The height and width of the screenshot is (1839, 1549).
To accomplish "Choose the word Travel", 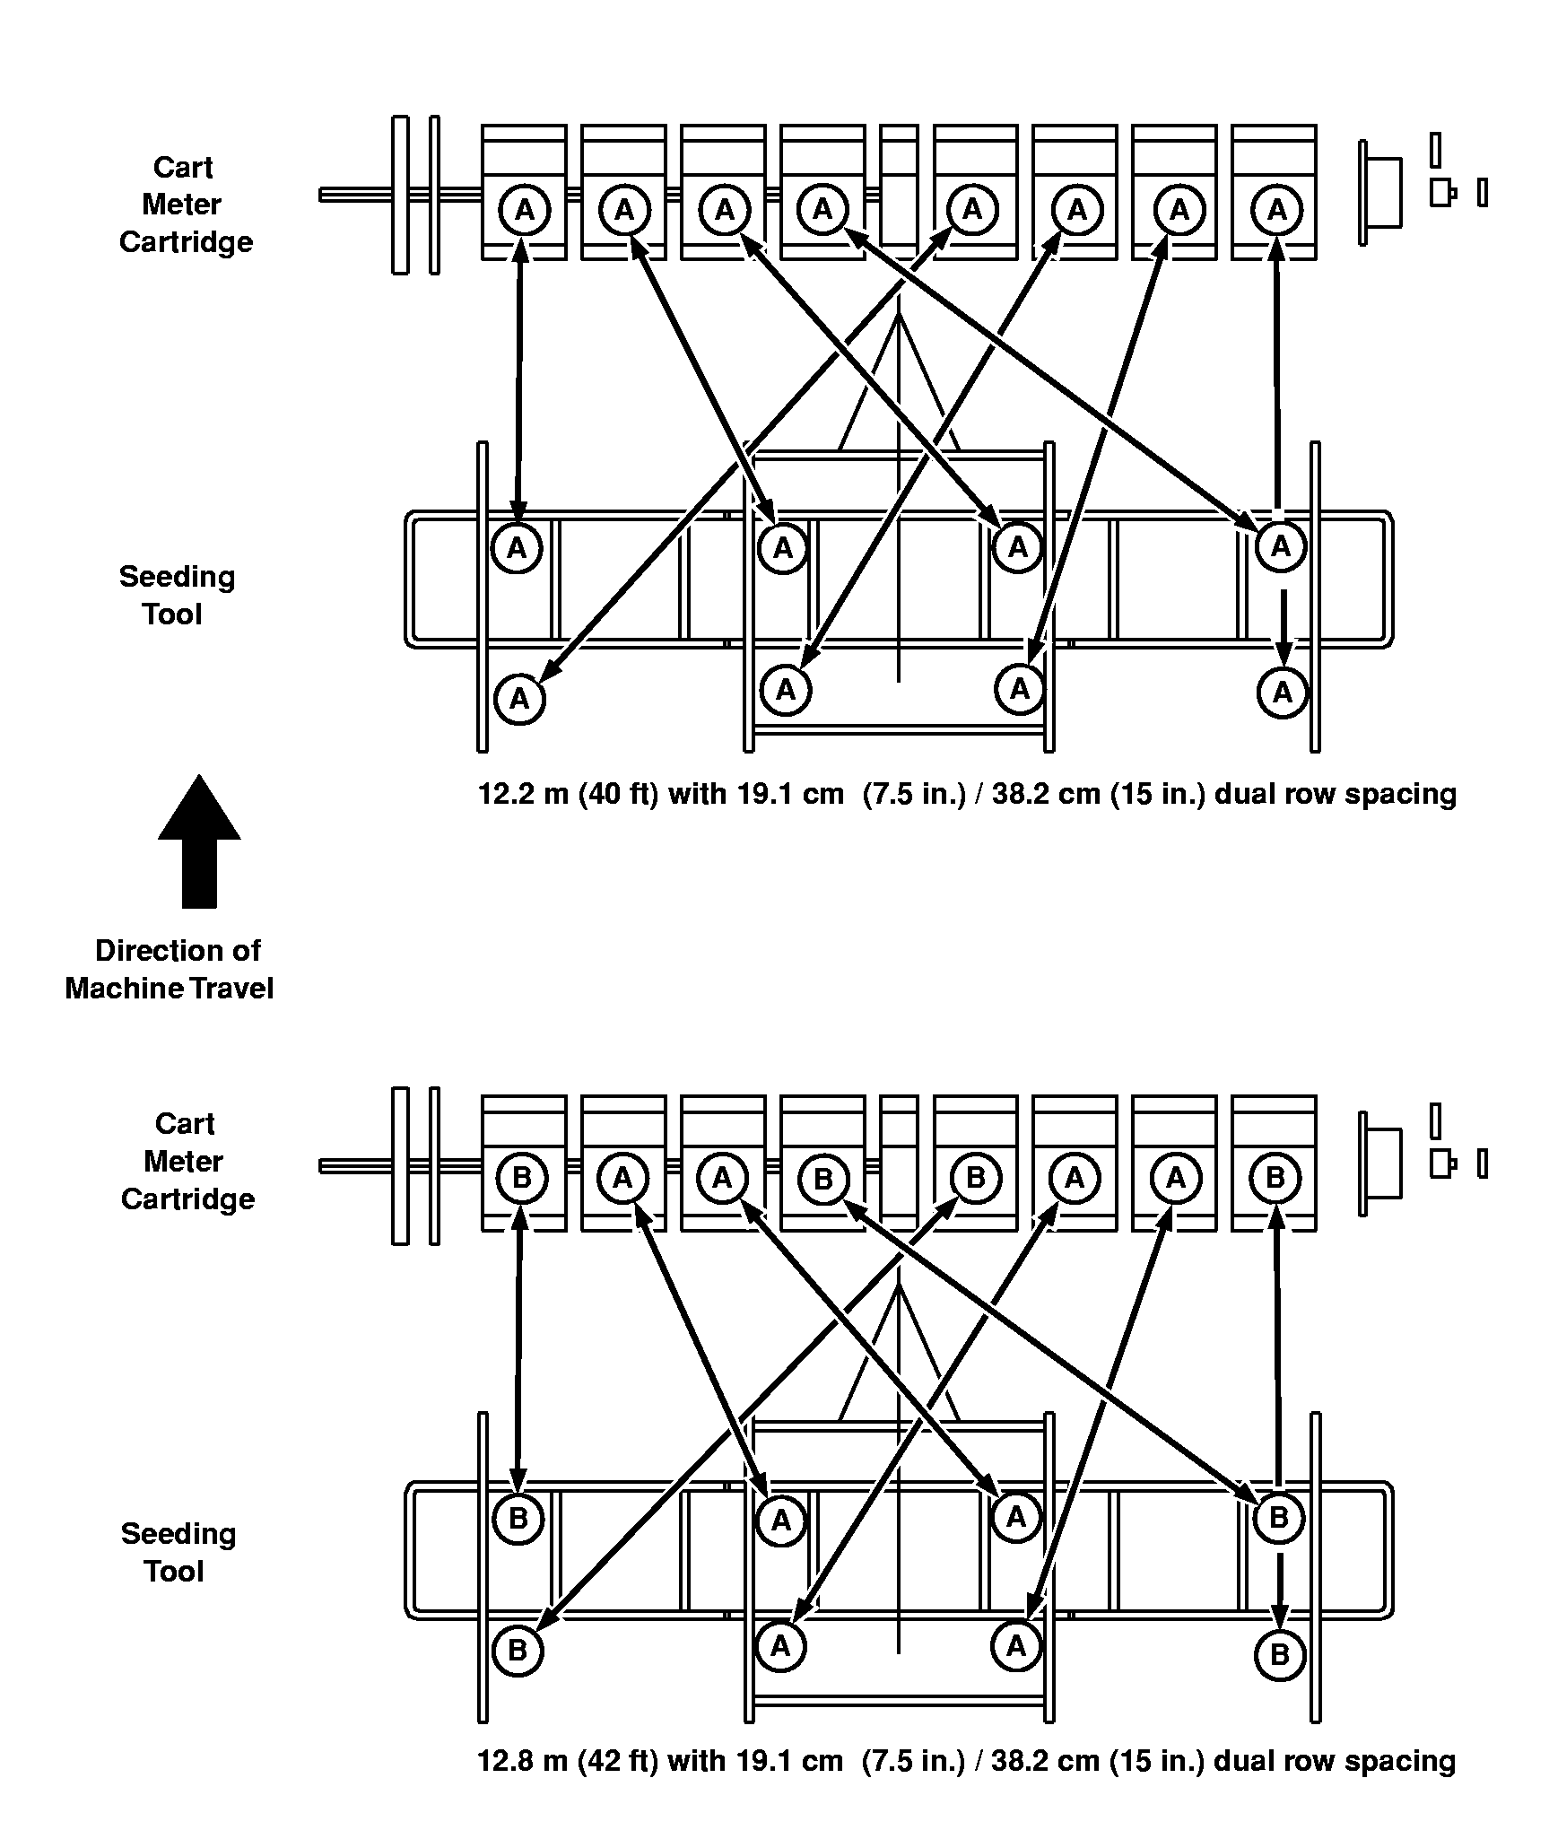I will tap(232, 989).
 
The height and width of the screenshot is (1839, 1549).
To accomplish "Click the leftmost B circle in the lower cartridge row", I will tap(521, 1178).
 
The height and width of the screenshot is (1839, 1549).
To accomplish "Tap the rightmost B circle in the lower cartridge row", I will tap(1275, 1178).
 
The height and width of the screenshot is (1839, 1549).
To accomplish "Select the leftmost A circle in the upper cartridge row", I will tap(525, 211).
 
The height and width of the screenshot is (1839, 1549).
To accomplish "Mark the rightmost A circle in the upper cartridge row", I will tap(1276, 211).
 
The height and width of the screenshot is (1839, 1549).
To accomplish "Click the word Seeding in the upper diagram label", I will tap(177, 577).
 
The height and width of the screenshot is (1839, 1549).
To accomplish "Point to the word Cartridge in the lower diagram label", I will tap(187, 1199).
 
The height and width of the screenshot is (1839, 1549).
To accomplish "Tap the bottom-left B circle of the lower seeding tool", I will tap(518, 1652).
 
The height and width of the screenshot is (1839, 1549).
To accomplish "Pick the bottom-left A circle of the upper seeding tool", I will tap(519, 699).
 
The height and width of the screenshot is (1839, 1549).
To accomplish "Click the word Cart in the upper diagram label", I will tap(183, 168).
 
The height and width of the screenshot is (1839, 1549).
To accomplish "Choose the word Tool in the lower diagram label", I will tap(175, 1572).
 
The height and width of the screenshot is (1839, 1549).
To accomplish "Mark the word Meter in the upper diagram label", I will tap(181, 205).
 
